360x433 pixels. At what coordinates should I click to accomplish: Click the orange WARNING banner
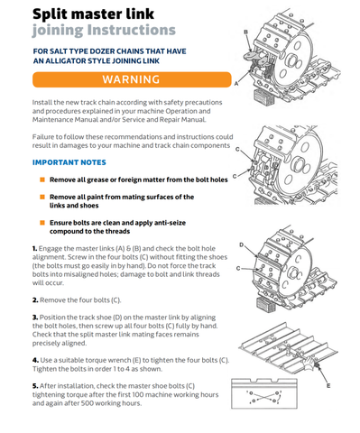(x=132, y=79)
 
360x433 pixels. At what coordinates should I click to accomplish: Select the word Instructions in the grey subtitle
(x=132, y=30)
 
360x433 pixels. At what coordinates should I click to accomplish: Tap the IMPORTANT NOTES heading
(x=69, y=162)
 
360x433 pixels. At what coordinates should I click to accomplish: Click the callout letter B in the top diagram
(x=245, y=32)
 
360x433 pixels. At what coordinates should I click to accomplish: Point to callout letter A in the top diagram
(x=236, y=84)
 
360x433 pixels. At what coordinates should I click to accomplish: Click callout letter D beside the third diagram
(x=241, y=244)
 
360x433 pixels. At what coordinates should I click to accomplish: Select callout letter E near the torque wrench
(x=328, y=385)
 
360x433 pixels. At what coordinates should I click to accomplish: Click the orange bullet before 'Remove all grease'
(x=42, y=180)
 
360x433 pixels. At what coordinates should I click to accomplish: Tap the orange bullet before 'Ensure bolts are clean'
(x=42, y=223)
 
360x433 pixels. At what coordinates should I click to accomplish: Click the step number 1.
(x=35, y=249)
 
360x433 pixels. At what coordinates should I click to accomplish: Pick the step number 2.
(x=35, y=300)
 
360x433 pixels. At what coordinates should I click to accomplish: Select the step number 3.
(x=35, y=318)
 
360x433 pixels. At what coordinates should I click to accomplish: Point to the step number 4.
(x=36, y=360)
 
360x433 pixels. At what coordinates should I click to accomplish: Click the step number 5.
(x=35, y=386)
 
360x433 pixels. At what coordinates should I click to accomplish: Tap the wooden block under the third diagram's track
(x=266, y=304)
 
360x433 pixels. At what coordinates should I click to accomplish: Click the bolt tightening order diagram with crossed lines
(x=264, y=393)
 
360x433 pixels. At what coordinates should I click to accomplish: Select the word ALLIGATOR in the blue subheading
(x=66, y=61)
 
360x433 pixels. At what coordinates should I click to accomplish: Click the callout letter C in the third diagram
(x=238, y=268)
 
